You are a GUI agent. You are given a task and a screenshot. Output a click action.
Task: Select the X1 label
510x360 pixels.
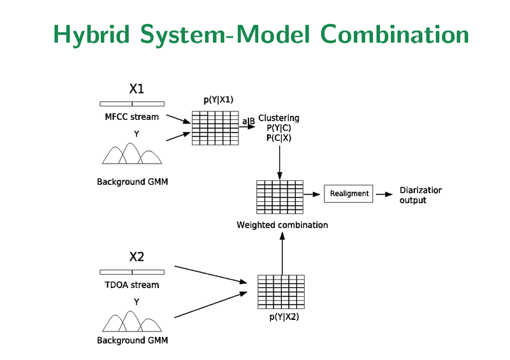click(x=136, y=88)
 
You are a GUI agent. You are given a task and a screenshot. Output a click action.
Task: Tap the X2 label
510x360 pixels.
click(x=136, y=257)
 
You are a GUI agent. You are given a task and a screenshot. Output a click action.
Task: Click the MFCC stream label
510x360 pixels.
click(x=132, y=117)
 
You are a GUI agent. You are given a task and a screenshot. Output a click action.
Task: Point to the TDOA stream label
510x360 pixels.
click(x=132, y=285)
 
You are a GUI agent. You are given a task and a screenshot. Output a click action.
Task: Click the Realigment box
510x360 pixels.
click(x=349, y=193)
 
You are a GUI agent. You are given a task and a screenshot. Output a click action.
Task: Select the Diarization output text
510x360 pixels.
click(x=420, y=195)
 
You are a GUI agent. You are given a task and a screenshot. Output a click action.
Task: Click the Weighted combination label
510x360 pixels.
click(x=282, y=225)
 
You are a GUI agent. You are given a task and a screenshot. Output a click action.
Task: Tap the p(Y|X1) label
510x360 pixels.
click(x=218, y=99)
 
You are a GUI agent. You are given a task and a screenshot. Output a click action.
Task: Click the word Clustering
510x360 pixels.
click(x=279, y=118)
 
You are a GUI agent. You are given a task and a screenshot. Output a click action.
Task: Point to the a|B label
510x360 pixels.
click(x=248, y=120)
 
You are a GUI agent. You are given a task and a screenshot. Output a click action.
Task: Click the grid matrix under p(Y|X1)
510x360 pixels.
click(x=215, y=127)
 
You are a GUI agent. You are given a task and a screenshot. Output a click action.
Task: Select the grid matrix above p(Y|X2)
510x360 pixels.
click(x=280, y=292)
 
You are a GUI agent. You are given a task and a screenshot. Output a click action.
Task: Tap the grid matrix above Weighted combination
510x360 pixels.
click(x=279, y=197)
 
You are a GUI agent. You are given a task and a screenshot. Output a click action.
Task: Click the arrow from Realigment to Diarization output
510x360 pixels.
click(x=384, y=194)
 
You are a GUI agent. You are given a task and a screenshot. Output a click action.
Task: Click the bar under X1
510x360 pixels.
click(x=132, y=103)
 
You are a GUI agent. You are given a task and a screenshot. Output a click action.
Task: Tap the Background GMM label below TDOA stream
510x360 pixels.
click(x=132, y=340)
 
